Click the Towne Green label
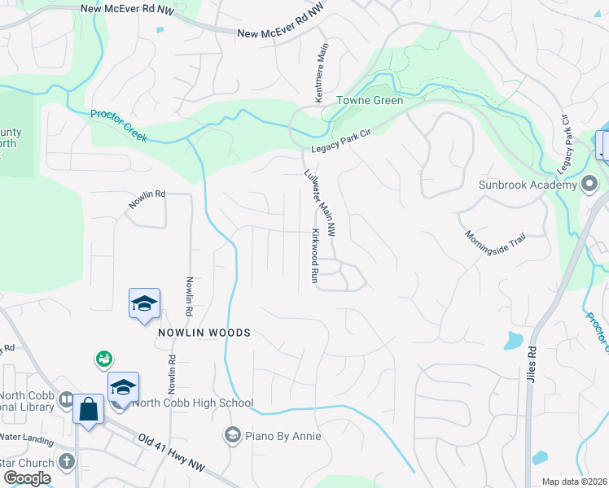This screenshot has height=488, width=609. point(370,100)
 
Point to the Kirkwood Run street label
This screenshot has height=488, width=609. point(314,255)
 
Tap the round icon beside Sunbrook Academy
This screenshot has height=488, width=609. point(589,185)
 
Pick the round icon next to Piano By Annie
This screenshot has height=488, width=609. point(234,436)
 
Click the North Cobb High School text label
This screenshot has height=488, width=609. point(195,403)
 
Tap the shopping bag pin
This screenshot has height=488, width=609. point(88,408)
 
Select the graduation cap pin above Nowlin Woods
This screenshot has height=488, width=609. point(144,303)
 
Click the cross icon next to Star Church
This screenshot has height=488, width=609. point(67,462)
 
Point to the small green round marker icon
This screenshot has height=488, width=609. point(103,358)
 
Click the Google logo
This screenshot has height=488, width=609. point(27,478)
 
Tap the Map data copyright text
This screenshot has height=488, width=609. point(575,481)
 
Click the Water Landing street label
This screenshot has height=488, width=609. point(26,438)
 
